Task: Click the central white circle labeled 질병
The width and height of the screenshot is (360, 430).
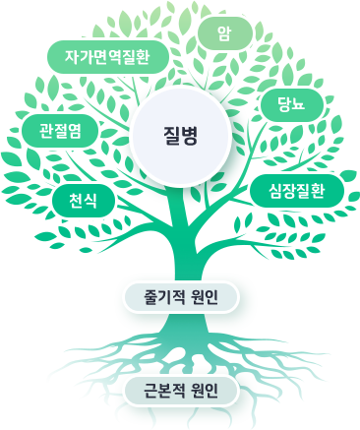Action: click(x=180, y=136)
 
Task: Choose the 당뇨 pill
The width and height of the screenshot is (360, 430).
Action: click(x=291, y=105)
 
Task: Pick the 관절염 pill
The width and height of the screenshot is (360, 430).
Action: click(x=60, y=131)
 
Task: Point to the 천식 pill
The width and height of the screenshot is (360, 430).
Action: click(x=84, y=201)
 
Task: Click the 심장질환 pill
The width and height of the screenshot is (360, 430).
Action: click(x=296, y=190)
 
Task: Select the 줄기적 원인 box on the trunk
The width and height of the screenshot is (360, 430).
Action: click(x=180, y=296)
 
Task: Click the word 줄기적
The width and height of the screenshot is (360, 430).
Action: click(x=163, y=296)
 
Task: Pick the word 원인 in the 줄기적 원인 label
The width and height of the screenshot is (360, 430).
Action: click(x=208, y=296)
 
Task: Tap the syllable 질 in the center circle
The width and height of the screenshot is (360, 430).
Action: click(x=170, y=136)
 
